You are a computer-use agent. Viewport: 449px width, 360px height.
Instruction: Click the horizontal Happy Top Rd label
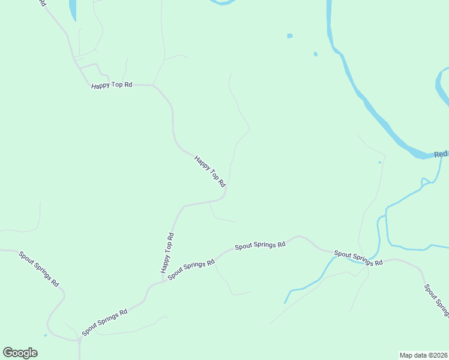111,85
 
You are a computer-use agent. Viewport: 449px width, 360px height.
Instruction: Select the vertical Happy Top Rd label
167,253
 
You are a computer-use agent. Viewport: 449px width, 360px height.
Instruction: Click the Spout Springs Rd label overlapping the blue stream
358,258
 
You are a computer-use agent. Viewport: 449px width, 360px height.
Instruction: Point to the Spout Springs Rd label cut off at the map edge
436,299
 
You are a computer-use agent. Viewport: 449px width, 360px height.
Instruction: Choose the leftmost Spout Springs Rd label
38,268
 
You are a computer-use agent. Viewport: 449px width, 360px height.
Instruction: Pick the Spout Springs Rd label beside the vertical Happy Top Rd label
191,269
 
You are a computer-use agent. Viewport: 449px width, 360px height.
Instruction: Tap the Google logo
20,352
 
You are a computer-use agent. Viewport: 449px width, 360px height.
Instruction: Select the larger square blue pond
290,36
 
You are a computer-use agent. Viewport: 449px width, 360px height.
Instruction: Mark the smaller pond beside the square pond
316,55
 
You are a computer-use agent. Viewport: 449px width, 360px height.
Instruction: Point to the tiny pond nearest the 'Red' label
380,162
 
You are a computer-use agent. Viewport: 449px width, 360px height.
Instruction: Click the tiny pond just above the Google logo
46,335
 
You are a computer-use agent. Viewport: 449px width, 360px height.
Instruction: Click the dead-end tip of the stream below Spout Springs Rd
285,302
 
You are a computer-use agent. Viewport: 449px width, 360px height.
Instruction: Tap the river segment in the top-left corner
73,9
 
